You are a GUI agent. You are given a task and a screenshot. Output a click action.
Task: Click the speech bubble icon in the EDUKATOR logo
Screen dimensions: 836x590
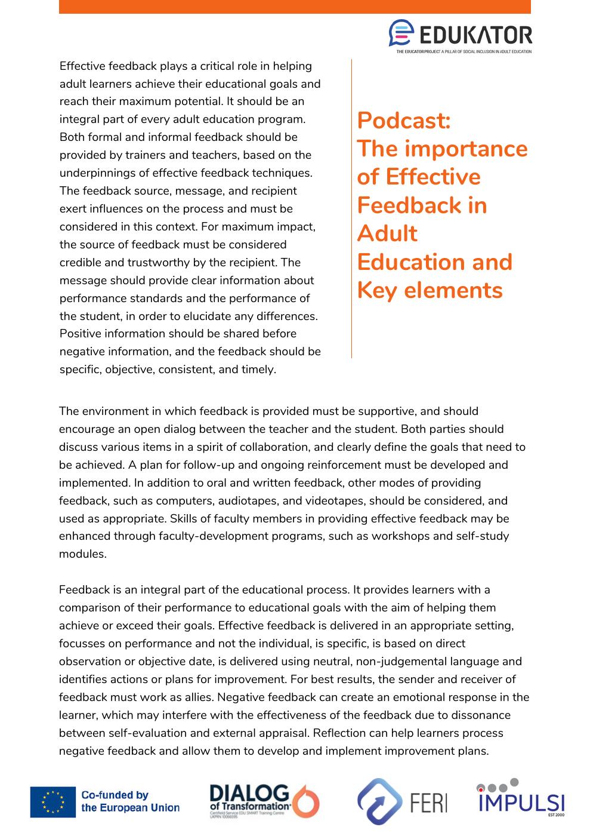tap(401, 33)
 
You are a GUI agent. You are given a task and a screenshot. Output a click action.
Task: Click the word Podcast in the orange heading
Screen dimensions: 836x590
tap(403, 121)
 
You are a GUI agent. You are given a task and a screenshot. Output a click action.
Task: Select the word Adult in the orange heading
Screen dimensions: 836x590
tap(387, 233)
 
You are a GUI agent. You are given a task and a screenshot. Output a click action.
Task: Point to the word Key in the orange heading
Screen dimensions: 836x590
tap(378, 290)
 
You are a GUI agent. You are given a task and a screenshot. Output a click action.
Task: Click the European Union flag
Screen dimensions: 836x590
tap(53, 801)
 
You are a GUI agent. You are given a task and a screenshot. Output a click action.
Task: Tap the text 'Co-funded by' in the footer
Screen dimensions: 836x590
tap(115, 795)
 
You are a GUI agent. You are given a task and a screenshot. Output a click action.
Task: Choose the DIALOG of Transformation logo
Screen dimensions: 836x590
tap(264, 801)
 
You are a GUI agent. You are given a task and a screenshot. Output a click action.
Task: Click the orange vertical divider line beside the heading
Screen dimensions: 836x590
tap(351, 209)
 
